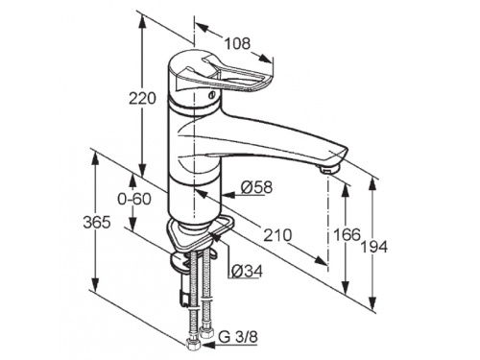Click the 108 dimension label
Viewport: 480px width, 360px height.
(237, 44)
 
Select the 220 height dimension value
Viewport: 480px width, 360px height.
(142, 99)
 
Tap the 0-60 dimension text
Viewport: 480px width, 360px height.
(134, 199)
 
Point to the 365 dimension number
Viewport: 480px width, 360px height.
(97, 222)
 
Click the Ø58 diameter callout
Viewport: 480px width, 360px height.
(256, 187)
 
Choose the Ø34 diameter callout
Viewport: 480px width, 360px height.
(247, 271)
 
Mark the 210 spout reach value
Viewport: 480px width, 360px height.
(277, 235)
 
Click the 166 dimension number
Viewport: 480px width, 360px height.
(347, 235)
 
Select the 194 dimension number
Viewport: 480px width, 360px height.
(373, 247)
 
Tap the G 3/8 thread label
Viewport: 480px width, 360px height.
(238, 337)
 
